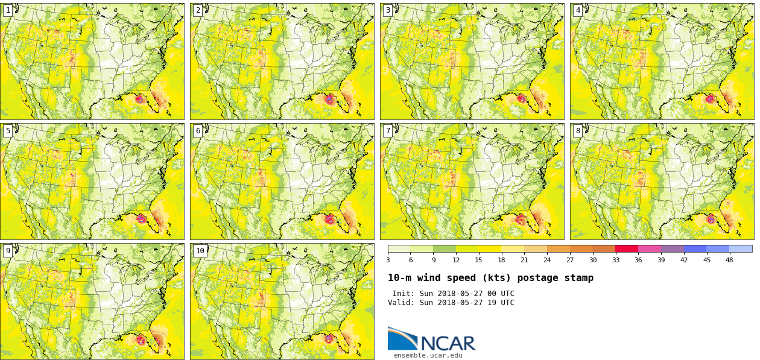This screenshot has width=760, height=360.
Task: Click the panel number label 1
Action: (8, 10)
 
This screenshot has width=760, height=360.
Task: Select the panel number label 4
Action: (578, 10)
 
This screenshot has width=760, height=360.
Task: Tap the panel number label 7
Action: (388, 131)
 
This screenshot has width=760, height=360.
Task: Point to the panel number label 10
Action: (200, 251)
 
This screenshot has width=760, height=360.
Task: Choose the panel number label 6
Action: (198, 131)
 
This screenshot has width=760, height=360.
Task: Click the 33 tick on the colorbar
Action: (615, 260)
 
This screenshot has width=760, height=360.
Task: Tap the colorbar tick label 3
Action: (388, 260)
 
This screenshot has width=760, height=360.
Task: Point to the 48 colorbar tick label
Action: (729, 260)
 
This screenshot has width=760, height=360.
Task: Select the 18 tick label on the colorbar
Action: (501, 260)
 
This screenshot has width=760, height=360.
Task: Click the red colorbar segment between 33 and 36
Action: (627, 248)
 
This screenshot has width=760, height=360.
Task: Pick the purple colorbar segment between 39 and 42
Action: (672, 248)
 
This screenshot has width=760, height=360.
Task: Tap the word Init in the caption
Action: (403, 294)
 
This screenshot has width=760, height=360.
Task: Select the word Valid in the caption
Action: (401, 303)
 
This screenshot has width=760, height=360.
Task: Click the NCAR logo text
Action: (448, 343)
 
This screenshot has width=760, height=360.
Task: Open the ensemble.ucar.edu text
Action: (428, 356)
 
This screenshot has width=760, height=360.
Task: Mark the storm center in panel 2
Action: (329, 99)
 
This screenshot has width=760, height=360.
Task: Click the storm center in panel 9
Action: (141, 340)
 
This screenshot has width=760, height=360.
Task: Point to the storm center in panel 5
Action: (141, 218)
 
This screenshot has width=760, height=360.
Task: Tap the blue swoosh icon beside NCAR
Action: (402, 338)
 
